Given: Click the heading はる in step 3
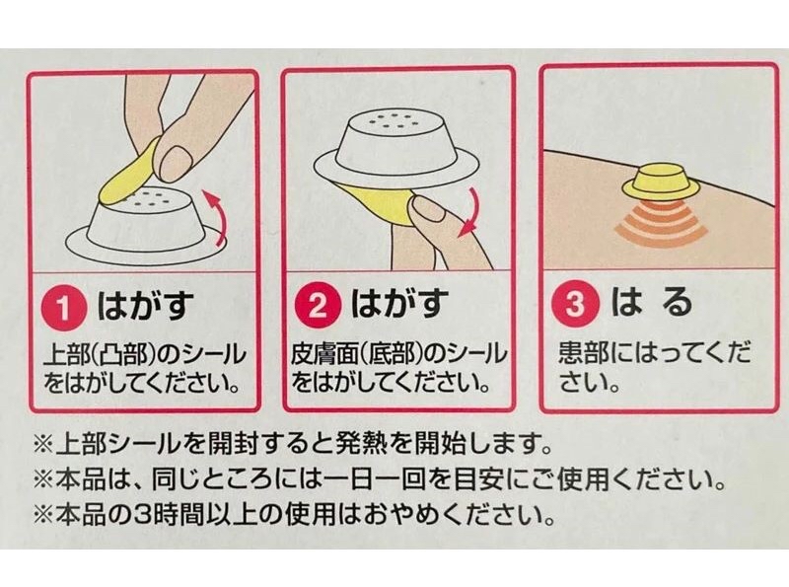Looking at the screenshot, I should coord(652,305).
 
